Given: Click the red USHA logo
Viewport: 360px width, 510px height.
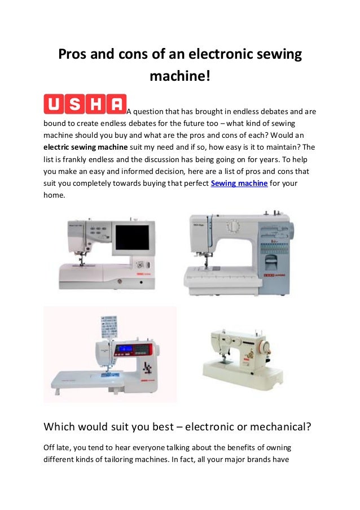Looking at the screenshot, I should [x=85, y=104].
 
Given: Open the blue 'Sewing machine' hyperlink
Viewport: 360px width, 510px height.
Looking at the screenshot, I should [x=239, y=184].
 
